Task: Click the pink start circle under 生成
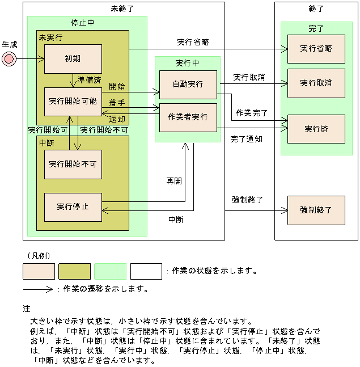point(9,58)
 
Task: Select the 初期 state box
point(73,58)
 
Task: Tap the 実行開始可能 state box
point(73,102)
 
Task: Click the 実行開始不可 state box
point(73,164)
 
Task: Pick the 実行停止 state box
point(73,207)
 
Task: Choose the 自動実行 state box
point(188,85)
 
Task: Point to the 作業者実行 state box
point(188,117)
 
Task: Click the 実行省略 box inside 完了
point(316,49)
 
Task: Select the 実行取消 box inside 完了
point(316,83)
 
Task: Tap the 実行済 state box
point(316,129)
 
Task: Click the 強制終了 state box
point(316,210)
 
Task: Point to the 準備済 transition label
point(89,80)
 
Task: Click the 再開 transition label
point(173,181)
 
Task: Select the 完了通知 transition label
point(246,138)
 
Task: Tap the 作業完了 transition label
point(252,112)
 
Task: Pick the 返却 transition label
point(117,119)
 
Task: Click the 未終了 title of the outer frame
point(122,9)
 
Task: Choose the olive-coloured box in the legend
point(74,272)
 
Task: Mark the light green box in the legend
point(110,272)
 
